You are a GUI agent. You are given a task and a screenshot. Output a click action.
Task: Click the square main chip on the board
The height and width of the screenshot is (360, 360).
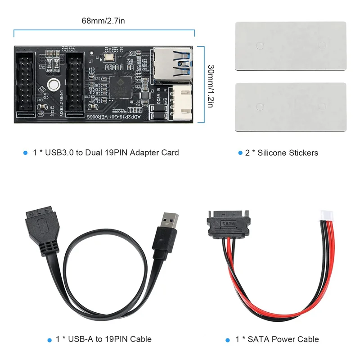pyautogui.click(x=120, y=85)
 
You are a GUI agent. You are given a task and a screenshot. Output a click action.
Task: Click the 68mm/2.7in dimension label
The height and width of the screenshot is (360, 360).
pyautogui.click(x=103, y=21)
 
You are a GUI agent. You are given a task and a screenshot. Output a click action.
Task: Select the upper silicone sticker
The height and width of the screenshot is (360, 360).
pyautogui.click(x=290, y=45)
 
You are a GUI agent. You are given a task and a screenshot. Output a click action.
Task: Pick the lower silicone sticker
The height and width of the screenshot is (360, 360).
pyautogui.click(x=290, y=107)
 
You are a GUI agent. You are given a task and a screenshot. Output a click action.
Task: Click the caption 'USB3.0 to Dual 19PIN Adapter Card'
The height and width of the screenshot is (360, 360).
pyautogui.click(x=106, y=153)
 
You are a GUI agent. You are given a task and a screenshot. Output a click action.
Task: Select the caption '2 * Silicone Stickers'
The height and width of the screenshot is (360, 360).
pyautogui.click(x=281, y=153)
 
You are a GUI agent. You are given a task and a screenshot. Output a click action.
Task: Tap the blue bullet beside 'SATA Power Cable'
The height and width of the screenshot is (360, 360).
pyautogui.click(x=228, y=339)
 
